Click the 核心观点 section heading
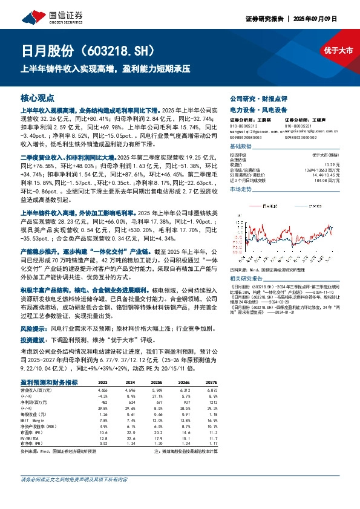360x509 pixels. tap(37, 97)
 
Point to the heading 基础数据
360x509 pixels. tap(241, 146)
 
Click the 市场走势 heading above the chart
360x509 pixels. tap(241, 189)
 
